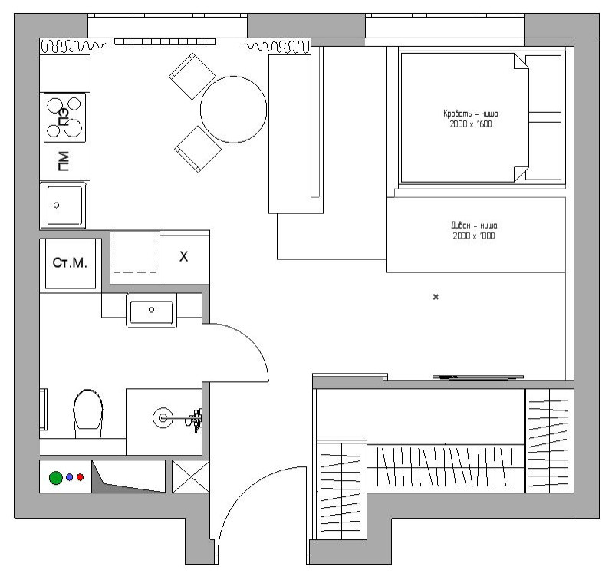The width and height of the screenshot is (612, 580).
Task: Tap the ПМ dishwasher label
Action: (x=64, y=161)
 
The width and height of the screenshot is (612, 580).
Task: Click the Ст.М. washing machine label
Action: (x=69, y=263)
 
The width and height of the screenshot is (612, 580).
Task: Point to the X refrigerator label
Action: (x=183, y=256)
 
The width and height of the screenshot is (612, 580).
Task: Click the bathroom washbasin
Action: (x=152, y=310)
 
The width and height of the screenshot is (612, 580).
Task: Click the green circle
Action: (x=56, y=477)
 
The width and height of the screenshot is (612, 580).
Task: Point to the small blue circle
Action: (x=70, y=477)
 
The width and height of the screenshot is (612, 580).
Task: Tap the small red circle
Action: (x=80, y=477)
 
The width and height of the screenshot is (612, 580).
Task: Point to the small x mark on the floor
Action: (x=436, y=297)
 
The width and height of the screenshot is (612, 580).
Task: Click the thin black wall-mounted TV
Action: (x=479, y=377)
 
